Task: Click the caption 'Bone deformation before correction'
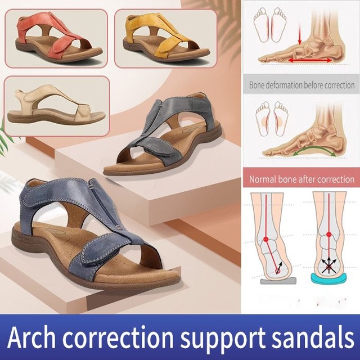(301, 85)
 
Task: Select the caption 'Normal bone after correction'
(301, 180)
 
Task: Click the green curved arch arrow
(309, 148)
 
